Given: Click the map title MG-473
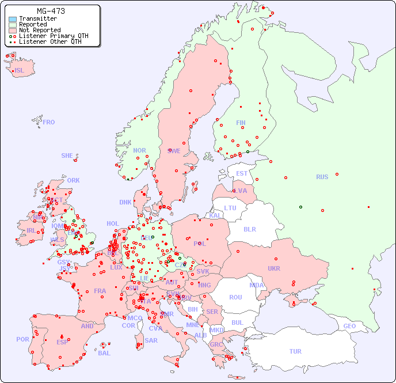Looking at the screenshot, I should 51,11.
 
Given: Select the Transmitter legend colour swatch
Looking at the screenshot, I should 13,19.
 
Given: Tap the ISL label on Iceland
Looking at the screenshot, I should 20,71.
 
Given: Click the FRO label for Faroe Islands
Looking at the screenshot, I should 49,122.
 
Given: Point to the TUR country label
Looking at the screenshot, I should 295,351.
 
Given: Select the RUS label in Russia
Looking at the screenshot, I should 322,177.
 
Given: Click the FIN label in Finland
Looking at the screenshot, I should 241,123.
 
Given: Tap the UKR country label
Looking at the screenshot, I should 273,268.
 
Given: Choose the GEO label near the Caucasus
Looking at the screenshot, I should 349,326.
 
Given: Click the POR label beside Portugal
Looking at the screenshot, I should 22,339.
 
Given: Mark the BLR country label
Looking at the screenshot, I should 249,229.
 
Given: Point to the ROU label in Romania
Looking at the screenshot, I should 235,297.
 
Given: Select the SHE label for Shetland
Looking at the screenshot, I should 67,156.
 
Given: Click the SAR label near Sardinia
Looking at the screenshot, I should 151,340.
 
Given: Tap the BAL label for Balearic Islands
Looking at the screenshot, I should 104,353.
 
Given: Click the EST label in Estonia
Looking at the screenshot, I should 242,173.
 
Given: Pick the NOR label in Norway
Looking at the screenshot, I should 139,150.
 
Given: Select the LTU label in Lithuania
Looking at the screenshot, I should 230,208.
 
